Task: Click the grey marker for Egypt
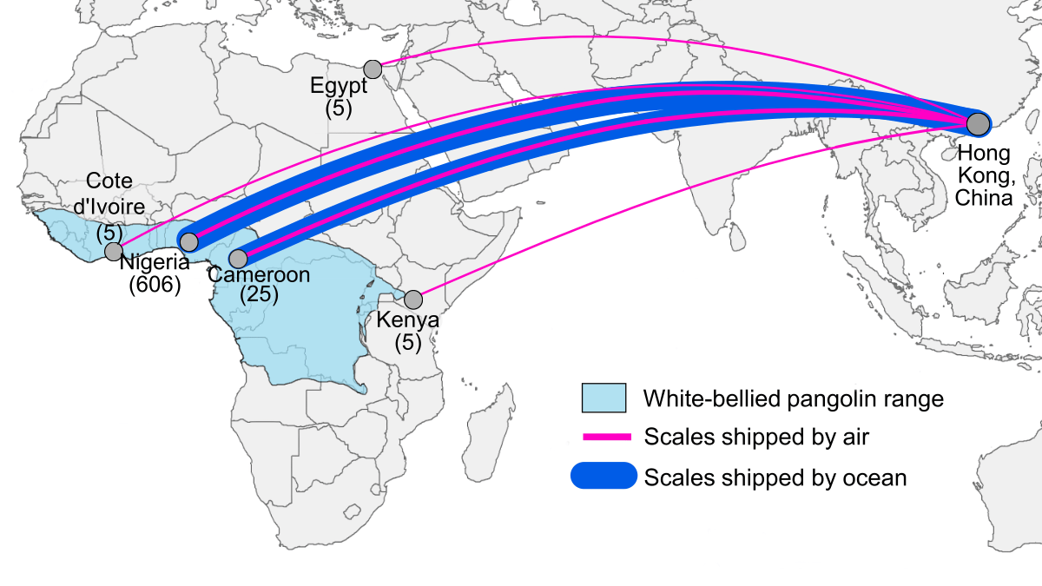[x=373, y=69]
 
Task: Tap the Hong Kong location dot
[x=979, y=124]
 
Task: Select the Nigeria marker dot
[x=188, y=242]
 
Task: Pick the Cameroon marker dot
[x=239, y=259]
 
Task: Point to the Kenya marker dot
[x=413, y=300]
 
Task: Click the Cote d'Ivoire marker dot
[x=114, y=252]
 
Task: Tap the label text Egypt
[x=339, y=86]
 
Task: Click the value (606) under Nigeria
[x=154, y=285]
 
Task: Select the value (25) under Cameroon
[x=260, y=295]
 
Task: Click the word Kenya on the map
[x=407, y=321]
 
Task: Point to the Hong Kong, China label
[x=984, y=175]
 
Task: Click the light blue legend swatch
[x=604, y=398]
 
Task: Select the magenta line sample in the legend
[x=604, y=437]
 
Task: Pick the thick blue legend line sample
[x=604, y=476]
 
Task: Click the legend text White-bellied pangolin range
[x=793, y=399]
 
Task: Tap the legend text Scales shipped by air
[x=756, y=438]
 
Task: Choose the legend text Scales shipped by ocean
[x=775, y=477]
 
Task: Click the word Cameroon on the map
[x=260, y=275]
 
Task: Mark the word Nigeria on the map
[x=155, y=263]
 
